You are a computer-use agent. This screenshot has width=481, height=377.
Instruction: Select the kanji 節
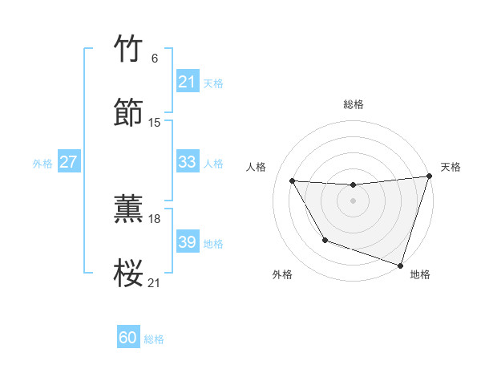pyautogui.click(x=129, y=113)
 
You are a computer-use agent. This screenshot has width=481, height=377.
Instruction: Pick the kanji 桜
pyautogui.click(x=129, y=273)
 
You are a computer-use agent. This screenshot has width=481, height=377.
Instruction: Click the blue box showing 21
pyautogui.click(x=187, y=82)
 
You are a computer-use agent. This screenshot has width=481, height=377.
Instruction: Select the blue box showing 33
pyautogui.click(x=187, y=162)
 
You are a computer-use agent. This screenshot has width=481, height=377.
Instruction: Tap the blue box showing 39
pyautogui.click(x=187, y=242)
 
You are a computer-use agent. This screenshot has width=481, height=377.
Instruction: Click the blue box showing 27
pyautogui.click(x=68, y=162)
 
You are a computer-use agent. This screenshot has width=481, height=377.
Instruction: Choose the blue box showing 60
pyautogui.click(x=128, y=338)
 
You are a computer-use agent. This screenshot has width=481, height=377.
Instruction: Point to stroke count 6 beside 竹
pyautogui.click(x=155, y=59)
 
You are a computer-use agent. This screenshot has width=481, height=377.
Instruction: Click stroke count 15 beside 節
pyautogui.click(x=155, y=123)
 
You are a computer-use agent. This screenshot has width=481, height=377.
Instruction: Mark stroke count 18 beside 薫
pyautogui.click(x=155, y=218)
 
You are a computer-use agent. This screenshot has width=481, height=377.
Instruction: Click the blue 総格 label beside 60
pyautogui.click(x=154, y=339)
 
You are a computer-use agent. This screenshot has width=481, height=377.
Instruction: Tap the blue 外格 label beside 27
pyautogui.click(x=42, y=164)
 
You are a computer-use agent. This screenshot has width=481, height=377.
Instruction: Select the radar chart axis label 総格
pyautogui.click(x=354, y=104)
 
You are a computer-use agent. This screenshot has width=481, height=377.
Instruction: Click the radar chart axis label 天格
pyautogui.click(x=451, y=167)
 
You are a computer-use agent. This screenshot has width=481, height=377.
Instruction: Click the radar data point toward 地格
pyautogui.click(x=400, y=265)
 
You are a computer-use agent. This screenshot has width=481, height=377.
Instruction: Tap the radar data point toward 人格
pyautogui.click(x=293, y=181)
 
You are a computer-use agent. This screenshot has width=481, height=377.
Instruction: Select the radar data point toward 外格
pyautogui.click(x=325, y=240)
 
